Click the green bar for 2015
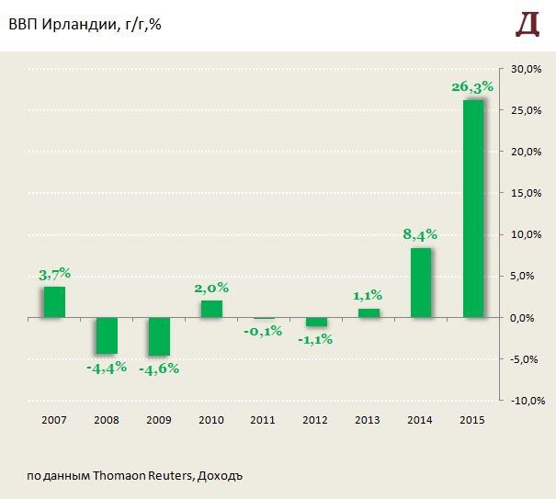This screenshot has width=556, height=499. pos(473,208)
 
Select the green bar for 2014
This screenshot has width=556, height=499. pos(421,282)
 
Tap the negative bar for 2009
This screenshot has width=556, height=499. pos(159,336)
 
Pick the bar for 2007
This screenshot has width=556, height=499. pos(54,301)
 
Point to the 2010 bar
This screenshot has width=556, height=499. pos(211,309)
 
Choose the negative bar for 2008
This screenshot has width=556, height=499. pos(107,335)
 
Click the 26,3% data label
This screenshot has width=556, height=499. pos(472,87)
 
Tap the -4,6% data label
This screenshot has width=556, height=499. pos(158,369)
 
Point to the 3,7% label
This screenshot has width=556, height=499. pos(54,274)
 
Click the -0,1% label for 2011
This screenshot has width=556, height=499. pos(264,332)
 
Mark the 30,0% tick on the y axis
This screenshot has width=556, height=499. pos(527,69)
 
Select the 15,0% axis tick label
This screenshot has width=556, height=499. pos(527,193)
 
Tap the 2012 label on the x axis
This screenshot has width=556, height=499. pos(316,420)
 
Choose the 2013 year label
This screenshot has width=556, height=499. pos(369,420)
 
